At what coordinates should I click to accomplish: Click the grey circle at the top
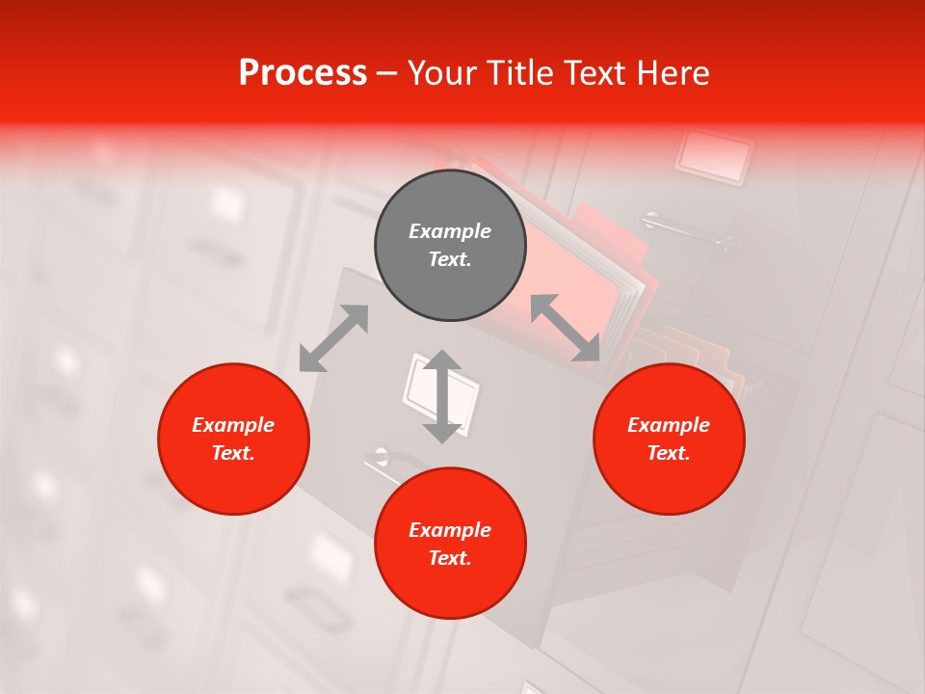pyautogui.click(x=450, y=246)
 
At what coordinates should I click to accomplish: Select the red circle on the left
pyautogui.click(x=233, y=439)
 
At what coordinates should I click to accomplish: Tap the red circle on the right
pyautogui.click(x=669, y=439)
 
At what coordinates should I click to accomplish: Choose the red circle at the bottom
pyautogui.click(x=450, y=544)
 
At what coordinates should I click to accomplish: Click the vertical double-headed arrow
pyautogui.click(x=442, y=396)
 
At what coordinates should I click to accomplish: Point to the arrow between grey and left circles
pyautogui.click(x=333, y=338)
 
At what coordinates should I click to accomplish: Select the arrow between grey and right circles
pyautogui.click(x=566, y=328)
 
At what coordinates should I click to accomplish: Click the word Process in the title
pyautogui.click(x=303, y=72)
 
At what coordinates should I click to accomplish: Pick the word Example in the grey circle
pyautogui.click(x=450, y=231)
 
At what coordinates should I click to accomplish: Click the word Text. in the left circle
pyautogui.click(x=233, y=453)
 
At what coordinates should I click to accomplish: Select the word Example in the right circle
pyautogui.click(x=669, y=425)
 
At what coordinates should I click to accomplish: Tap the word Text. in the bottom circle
pyautogui.click(x=450, y=558)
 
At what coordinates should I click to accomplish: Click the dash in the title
pyautogui.click(x=386, y=73)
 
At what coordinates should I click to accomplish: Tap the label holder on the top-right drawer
pyautogui.click(x=715, y=154)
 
